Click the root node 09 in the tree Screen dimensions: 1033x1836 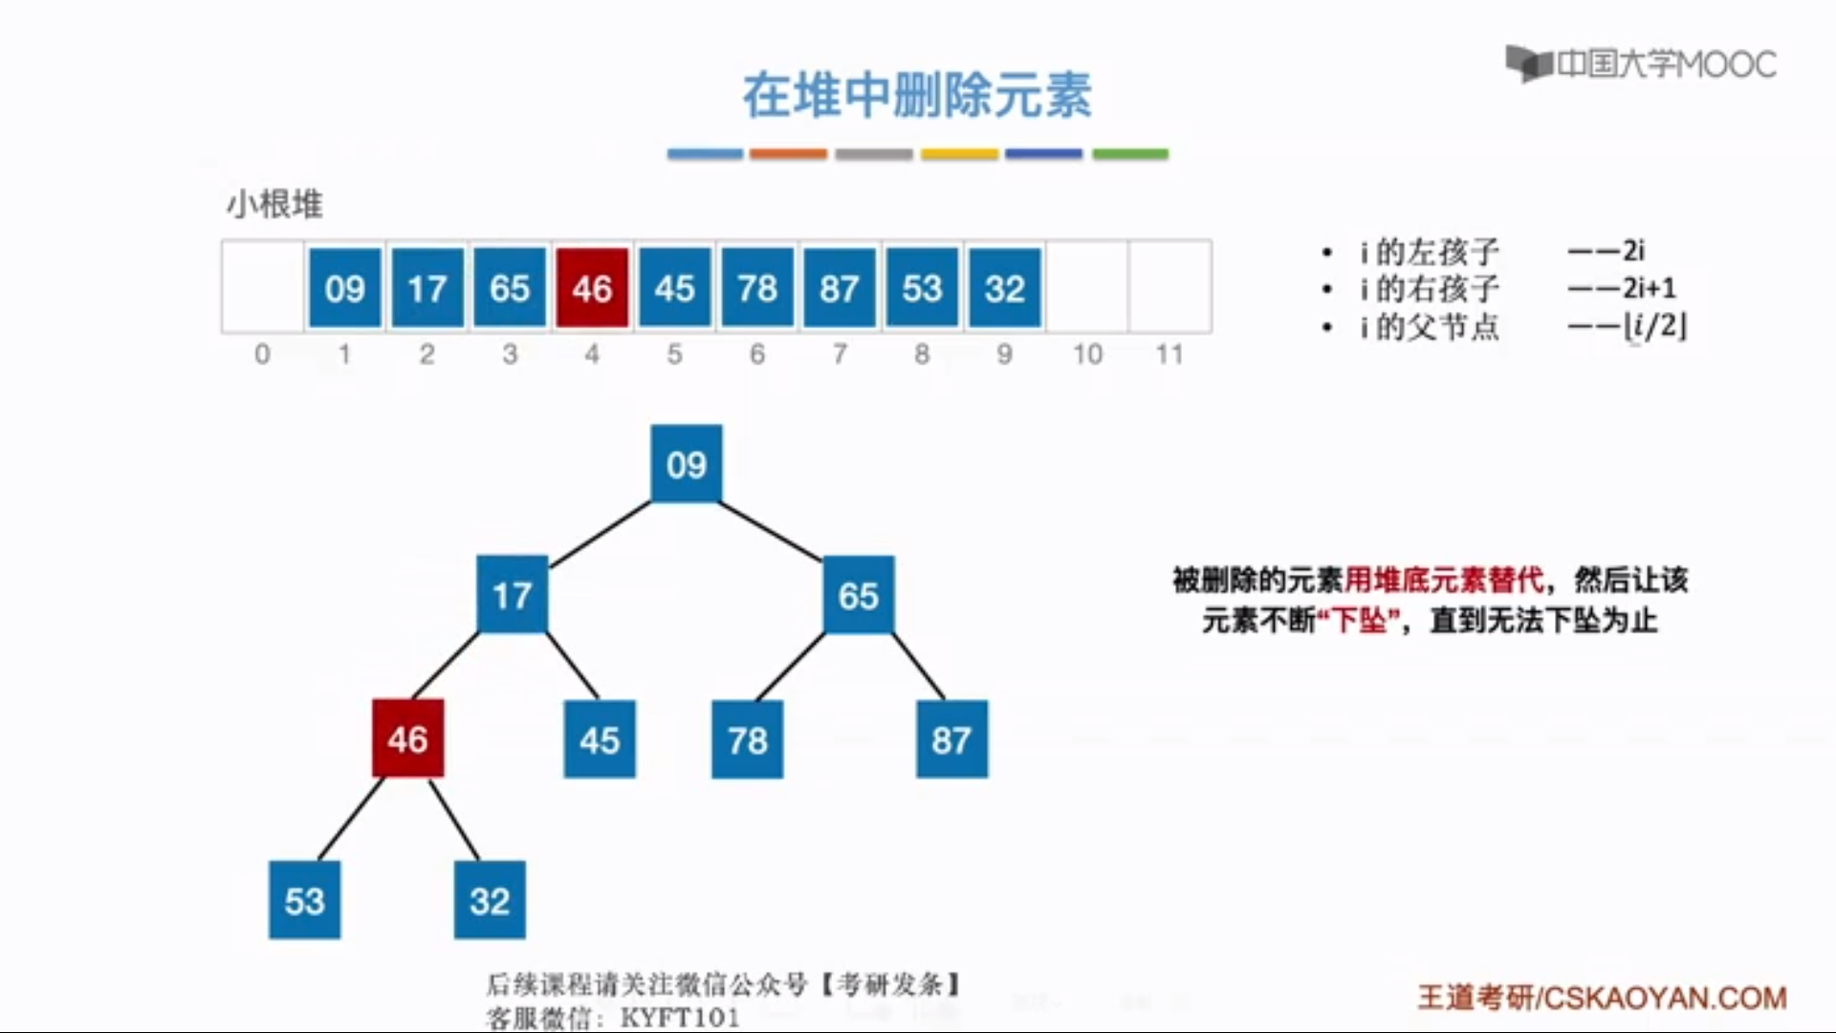pyautogui.click(x=687, y=464)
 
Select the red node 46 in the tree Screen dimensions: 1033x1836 pyautogui.click(x=407, y=738)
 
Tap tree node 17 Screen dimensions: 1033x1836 pyautogui.click(x=512, y=595)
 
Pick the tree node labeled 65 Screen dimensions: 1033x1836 pyautogui.click(x=858, y=595)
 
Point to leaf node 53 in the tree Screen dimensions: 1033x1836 pyautogui.click(x=304, y=900)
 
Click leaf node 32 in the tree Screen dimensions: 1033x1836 pyautogui.click(x=490, y=900)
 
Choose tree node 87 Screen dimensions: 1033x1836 pyautogui.click(x=951, y=739)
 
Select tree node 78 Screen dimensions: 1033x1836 pyautogui.click(x=747, y=739)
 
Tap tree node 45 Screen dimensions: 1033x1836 pyautogui.click(x=600, y=739)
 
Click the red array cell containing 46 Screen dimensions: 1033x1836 pyautogui.click(x=592, y=288)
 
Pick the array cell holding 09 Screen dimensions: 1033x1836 pyautogui.click(x=344, y=288)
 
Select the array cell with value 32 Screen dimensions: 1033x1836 pyautogui.click(x=1004, y=288)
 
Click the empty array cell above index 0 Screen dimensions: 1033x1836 pyautogui.click(x=262, y=287)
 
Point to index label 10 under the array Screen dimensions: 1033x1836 pyautogui.click(x=1087, y=355)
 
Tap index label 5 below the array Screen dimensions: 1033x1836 pyautogui.click(x=674, y=355)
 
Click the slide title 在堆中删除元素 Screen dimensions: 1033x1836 pyautogui.click(x=917, y=96)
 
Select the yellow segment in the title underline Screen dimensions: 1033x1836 pyautogui.click(x=959, y=154)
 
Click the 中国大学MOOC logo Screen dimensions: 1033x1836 pyautogui.click(x=1641, y=64)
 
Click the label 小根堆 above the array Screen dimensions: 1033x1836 pyautogui.click(x=274, y=204)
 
